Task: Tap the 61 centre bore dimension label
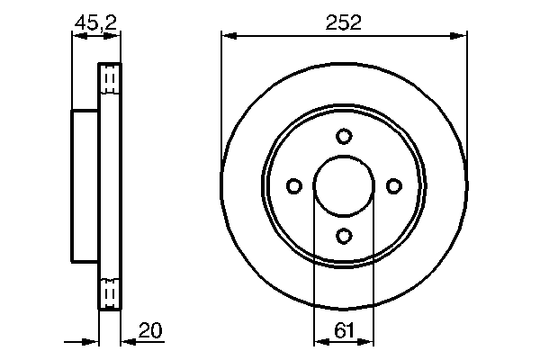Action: [x=343, y=330]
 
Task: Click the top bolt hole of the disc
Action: [x=343, y=137]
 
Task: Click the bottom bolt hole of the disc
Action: [x=343, y=235]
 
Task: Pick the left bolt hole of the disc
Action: [x=293, y=185]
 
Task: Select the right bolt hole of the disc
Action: [x=392, y=185]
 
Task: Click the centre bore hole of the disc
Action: [x=343, y=186]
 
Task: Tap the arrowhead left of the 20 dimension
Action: [x=91, y=342]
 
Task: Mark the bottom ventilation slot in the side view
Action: [x=109, y=292]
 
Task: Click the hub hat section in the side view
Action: [x=85, y=185]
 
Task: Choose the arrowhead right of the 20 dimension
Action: [x=126, y=342]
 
